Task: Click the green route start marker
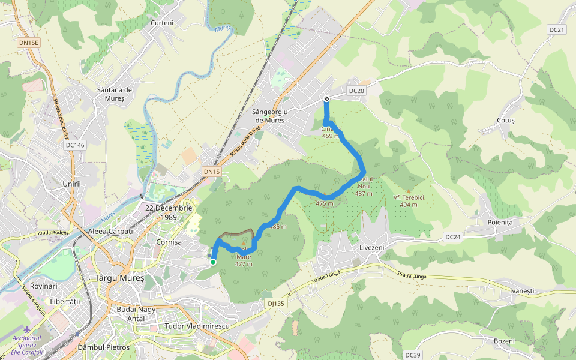point(213,262)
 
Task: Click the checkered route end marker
point(326,99)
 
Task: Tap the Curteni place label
point(162,23)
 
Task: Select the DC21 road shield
point(557,29)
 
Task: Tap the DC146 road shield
point(75,145)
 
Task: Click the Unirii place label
point(71,184)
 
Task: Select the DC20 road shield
point(356,91)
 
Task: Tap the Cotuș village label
point(506,120)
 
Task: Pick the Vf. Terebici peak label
point(409,201)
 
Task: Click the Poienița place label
point(500,222)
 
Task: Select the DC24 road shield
point(453,237)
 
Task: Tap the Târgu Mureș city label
point(120,278)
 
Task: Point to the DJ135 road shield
point(276,304)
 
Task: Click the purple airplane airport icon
point(26,329)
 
